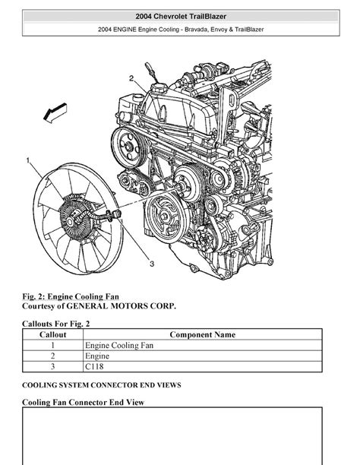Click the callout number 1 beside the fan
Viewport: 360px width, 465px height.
(x=28, y=160)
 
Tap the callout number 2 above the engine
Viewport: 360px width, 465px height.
(x=131, y=78)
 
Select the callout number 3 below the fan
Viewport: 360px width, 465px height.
(x=152, y=264)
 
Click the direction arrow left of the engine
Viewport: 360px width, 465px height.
(x=55, y=113)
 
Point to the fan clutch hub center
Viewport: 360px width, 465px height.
(x=70, y=221)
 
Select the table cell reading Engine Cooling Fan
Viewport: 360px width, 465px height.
(x=119, y=345)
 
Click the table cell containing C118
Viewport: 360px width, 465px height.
(x=94, y=366)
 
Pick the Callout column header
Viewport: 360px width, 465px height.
(x=52, y=334)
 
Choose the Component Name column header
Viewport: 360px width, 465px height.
(x=203, y=334)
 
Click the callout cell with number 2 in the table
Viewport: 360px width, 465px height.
(x=52, y=356)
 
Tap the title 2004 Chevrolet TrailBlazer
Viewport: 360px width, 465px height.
(x=181, y=16)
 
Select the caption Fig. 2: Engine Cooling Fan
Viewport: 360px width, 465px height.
(x=71, y=296)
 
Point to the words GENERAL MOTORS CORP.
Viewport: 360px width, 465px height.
(x=121, y=306)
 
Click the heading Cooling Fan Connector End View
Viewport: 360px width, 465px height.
(x=83, y=403)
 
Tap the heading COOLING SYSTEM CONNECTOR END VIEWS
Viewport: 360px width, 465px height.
(x=102, y=385)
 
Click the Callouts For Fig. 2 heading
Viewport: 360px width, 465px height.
(x=55, y=324)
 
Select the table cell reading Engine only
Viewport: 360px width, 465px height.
(x=97, y=356)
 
